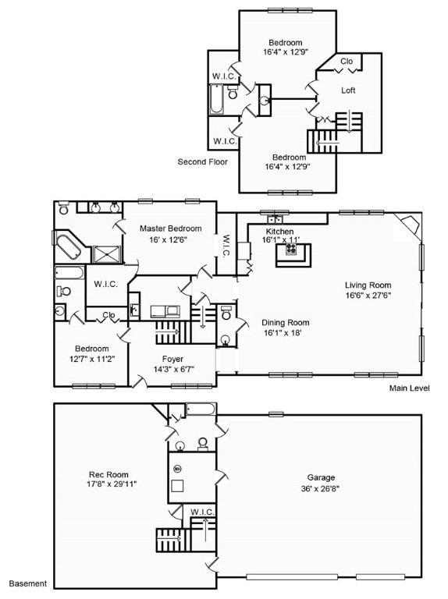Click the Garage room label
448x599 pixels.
tap(321, 477)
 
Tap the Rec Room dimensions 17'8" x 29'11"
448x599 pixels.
tap(112, 484)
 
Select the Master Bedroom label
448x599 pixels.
tap(170, 229)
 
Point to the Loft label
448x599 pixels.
tap(348, 90)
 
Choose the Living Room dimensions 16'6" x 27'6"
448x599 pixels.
tap(368, 295)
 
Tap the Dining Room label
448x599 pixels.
tap(285, 322)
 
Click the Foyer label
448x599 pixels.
tap(172, 359)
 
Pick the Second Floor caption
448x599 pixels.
tap(203, 161)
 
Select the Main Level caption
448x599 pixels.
tap(410, 388)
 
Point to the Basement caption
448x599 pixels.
tap(28, 583)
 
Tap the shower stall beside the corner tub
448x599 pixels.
tap(107, 254)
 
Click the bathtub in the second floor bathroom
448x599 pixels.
tap(216, 99)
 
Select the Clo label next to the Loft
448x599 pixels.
tap(347, 61)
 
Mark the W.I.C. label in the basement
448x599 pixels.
tap(203, 512)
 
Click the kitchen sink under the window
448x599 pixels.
tap(276, 219)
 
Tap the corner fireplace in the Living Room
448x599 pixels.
tap(410, 226)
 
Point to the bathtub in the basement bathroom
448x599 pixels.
tap(201, 409)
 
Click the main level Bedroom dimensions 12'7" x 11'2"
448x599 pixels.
tap(92, 359)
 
